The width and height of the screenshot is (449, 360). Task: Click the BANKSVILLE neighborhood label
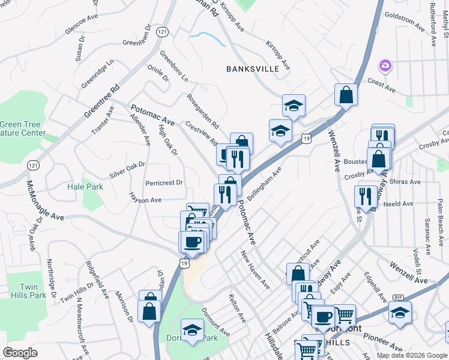pos(253,69)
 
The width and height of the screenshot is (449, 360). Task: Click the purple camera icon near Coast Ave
pos(385,65)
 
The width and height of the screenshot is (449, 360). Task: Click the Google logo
pos(20,353)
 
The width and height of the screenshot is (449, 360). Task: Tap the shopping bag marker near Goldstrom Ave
pos(346,95)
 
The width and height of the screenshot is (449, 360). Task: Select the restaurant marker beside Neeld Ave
pos(365,196)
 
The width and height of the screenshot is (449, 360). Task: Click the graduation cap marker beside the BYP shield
pos(400,313)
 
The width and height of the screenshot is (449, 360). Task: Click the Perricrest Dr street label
pos(164,182)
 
